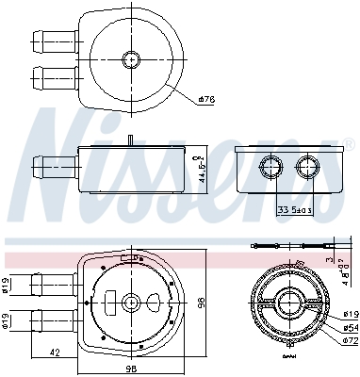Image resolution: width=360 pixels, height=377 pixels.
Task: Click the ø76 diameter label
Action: coord(207,99)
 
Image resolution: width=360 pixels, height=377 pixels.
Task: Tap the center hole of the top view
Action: coord(130,59)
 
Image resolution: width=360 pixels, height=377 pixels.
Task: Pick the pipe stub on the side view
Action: coord(55,166)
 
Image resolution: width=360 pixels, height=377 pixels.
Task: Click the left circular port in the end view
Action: coord(272,169)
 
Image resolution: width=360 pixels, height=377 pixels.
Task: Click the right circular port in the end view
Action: coord(307,169)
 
